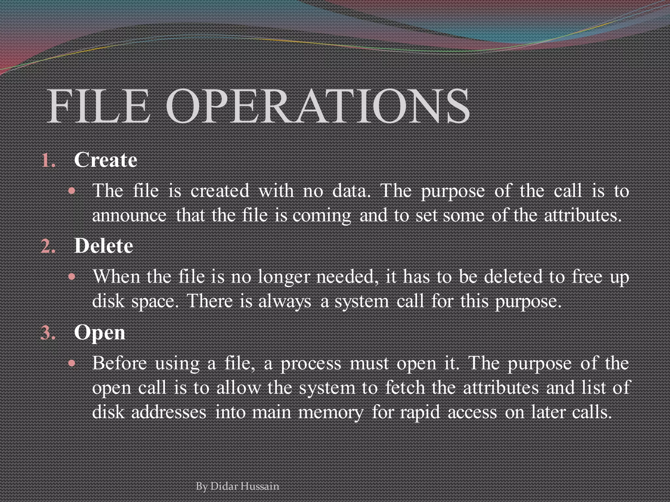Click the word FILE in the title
[x=98, y=107]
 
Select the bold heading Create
[x=105, y=160]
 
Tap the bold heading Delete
[x=103, y=246]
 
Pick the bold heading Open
[x=99, y=333]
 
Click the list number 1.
[x=48, y=161]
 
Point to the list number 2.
[x=48, y=247]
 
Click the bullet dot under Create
[x=72, y=191]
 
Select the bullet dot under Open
[x=72, y=363]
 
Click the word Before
[x=119, y=363]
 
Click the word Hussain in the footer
[x=260, y=486]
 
